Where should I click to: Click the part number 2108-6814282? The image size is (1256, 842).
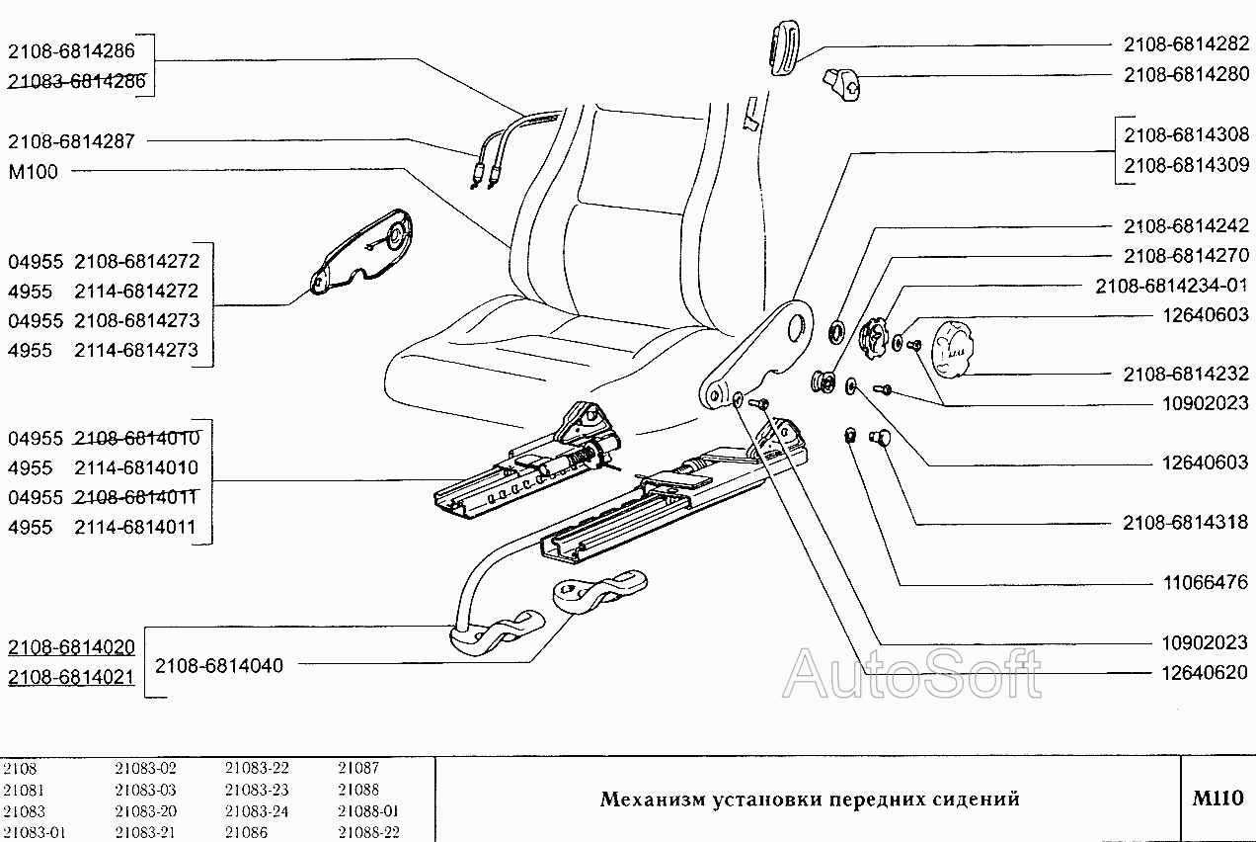(x=1186, y=45)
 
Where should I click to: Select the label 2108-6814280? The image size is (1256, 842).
(x=1186, y=75)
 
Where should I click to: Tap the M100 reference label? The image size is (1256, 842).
(x=33, y=172)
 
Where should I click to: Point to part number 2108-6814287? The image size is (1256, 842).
(x=71, y=141)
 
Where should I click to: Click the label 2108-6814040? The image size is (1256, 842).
(x=219, y=666)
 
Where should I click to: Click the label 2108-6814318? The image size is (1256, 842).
(x=1186, y=523)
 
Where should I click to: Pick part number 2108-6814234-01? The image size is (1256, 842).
(x=1172, y=286)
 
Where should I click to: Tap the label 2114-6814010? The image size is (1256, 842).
(x=136, y=467)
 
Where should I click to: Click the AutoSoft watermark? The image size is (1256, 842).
(x=910, y=674)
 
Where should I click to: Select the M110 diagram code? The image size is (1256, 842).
(x=1217, y=799)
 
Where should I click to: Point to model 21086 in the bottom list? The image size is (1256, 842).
(x=246, y=832)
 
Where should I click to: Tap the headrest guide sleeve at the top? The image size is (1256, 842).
(x=782, y=48)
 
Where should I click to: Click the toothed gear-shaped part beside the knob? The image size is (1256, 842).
(x=873, y=338)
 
